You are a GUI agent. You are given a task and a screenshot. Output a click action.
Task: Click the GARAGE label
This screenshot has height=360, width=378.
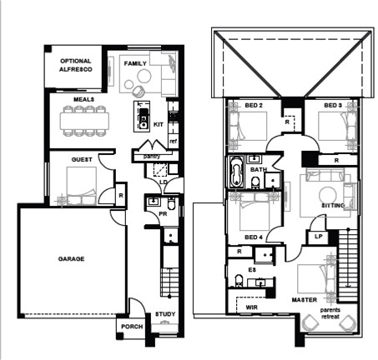(x=71, y=259)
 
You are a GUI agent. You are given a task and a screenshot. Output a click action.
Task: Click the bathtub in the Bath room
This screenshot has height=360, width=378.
(x=236, y=176)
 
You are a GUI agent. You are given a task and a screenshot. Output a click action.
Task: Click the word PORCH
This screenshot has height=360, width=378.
(x=132, y=327)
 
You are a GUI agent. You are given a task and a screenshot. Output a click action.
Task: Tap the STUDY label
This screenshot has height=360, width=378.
(x=165, y=315)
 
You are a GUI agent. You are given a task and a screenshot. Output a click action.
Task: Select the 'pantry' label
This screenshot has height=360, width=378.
(x=151, y=156)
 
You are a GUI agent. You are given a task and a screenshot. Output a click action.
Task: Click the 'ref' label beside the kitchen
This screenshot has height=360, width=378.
(x=173, y=141)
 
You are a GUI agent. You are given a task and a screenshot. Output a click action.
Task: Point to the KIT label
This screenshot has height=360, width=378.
(x=159, y=124)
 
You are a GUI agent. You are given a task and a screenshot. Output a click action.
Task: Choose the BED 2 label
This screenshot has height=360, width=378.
(x=255, y=105)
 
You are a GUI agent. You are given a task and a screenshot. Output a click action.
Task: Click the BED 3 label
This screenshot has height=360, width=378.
(x=333, y=105)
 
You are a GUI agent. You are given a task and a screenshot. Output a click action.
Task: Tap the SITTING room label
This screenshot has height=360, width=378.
(x=334, y=204)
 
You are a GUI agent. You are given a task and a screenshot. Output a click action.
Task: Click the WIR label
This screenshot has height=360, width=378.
(x=251, y=307)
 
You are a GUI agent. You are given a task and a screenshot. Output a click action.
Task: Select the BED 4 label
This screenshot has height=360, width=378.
(x=254, y=237)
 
